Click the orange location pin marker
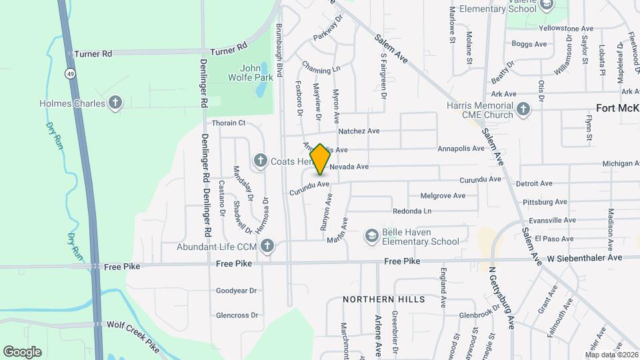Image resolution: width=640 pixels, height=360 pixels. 320,159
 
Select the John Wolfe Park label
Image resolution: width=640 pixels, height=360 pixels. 257,73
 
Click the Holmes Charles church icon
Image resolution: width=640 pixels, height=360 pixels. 116,103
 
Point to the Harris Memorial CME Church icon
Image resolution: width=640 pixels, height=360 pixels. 523,109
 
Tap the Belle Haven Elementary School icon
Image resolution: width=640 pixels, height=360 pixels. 371,236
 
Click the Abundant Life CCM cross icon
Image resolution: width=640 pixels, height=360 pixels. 267,246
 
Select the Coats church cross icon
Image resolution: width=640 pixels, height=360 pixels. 261,161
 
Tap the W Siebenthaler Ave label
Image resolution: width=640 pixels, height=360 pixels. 585,257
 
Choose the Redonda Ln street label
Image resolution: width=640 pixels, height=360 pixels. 412,211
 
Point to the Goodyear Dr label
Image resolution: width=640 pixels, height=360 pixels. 237,291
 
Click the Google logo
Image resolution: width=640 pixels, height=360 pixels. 23,351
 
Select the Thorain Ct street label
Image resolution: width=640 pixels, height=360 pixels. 229,123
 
